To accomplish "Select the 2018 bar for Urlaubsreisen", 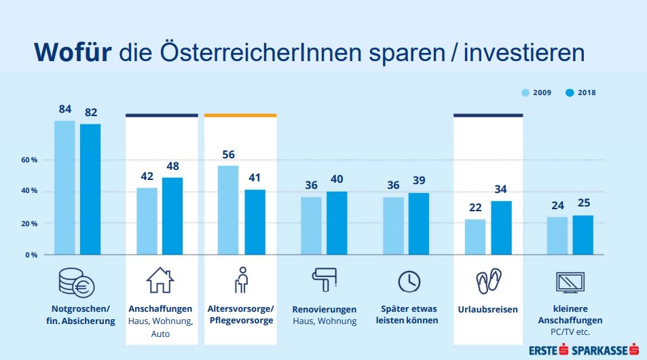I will pos(501,228).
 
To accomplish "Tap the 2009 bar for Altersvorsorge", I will pos(228,210).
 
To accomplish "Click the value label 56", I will pos(228,154).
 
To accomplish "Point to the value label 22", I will pos(475,208).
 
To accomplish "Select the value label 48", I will pos(172,166).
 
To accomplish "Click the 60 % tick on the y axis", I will pos(28,160).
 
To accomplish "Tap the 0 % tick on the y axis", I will pos(31,255).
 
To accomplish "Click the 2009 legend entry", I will pos(536,92).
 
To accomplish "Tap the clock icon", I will pos(409,281).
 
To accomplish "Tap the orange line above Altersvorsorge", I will pos(240,115).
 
